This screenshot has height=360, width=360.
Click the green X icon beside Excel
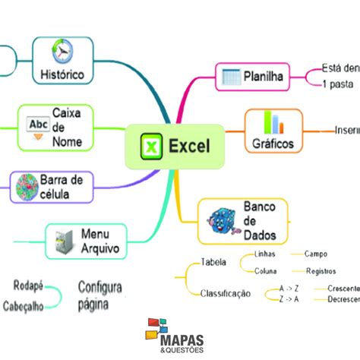point(151,145)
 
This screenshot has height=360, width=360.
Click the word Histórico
point(62,74)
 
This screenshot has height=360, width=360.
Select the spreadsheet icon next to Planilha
point(229,76)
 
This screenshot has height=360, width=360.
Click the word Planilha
point(264,76)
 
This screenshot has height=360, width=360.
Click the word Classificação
point(225,293)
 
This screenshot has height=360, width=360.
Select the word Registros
point(321,270)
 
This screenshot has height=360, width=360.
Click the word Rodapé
point(28,286)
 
